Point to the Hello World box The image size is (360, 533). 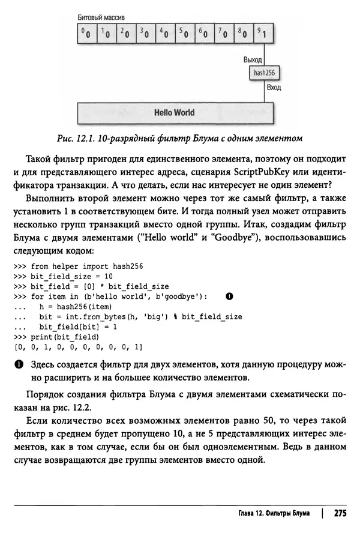[174, 112]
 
